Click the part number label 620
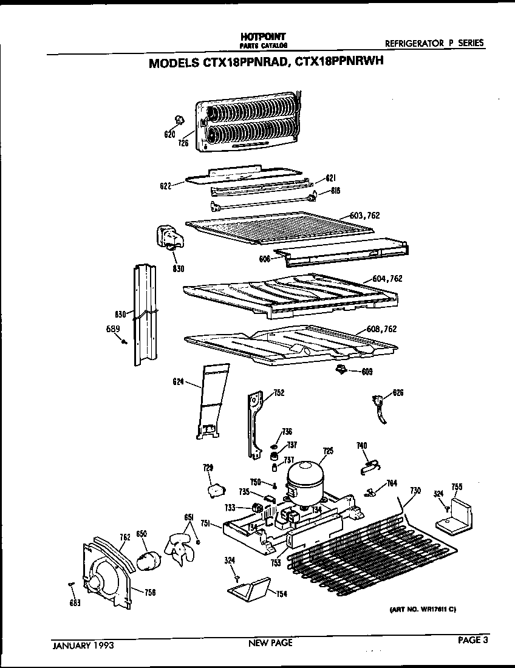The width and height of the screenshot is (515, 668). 169,134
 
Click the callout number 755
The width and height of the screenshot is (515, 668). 457,487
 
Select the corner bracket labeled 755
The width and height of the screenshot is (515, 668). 456,516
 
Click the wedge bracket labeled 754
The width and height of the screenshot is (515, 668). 248,588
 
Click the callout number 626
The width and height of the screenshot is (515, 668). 398,393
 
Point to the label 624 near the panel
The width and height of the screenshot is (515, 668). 179,382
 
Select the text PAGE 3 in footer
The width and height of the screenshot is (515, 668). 472,639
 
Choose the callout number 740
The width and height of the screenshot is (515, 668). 361,446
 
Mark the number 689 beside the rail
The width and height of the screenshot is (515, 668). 112,329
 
